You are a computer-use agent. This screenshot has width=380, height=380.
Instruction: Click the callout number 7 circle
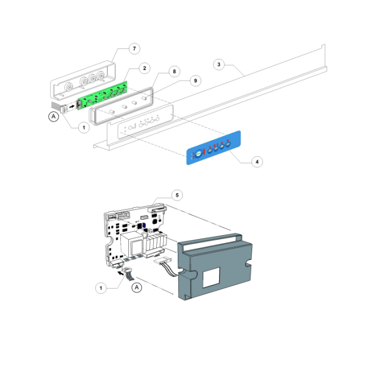[135, 49]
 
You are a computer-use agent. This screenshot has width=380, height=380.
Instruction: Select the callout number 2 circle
[144, 68]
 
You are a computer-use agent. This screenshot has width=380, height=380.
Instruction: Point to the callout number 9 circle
[195, 81]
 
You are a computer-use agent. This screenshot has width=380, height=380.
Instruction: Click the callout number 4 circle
[257, 162]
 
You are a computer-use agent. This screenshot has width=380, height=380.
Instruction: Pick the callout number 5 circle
[177, 195]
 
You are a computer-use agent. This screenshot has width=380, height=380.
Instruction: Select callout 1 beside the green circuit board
[83, 128]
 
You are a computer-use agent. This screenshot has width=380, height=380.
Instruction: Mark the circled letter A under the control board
[136, 288]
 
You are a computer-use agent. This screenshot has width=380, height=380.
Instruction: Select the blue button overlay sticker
[214, 148]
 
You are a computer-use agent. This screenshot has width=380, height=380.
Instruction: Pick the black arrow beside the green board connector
[71, 106]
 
